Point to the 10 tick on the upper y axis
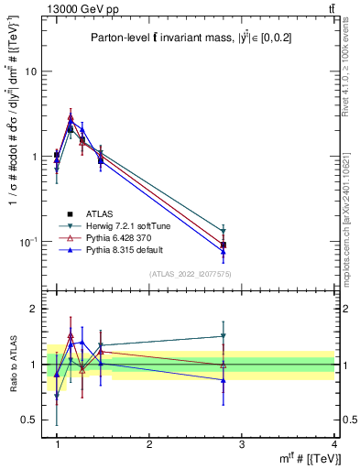coord(32,71)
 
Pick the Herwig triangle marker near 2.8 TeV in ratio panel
coord(223,336)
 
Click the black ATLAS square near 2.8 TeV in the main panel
coord(223,245)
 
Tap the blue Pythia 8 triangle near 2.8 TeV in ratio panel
coord(223,379)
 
